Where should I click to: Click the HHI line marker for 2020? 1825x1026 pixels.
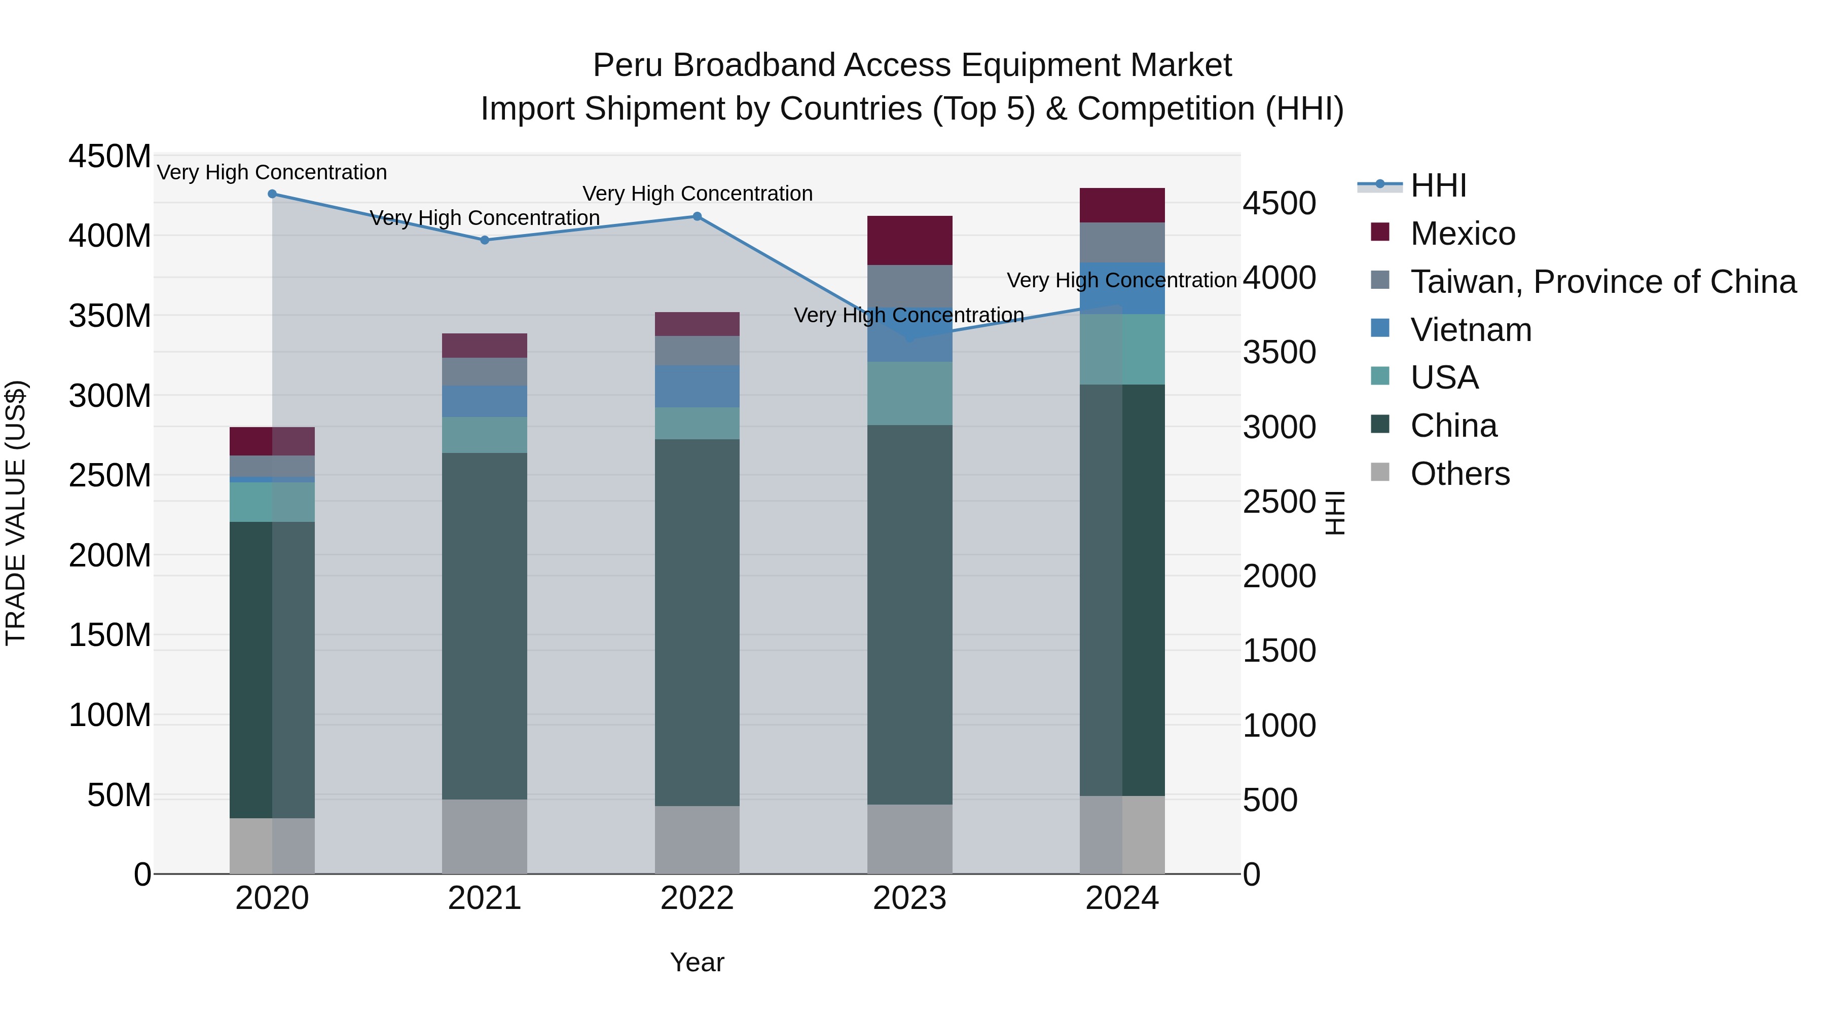272,194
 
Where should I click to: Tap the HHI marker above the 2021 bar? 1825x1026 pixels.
485,240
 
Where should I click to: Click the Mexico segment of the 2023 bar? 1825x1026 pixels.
909,241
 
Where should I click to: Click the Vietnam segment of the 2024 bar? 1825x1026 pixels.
1122,288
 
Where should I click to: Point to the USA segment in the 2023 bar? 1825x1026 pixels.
909,394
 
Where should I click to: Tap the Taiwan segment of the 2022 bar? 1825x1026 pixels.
697,351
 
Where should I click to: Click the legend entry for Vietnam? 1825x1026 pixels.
1471,330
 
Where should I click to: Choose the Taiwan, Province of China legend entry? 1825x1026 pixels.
1602,282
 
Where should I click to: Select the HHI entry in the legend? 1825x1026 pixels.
1438,185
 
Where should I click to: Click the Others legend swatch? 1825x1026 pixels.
1380,472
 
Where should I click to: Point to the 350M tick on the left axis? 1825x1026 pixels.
110,316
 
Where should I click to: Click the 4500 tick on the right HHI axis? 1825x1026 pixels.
1280,203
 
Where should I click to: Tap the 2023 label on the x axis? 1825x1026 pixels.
909,898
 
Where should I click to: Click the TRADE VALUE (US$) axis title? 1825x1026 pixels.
16,513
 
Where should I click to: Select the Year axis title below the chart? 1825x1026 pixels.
697,962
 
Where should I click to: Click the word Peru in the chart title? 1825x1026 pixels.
627,65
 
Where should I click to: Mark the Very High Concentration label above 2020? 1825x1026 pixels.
272,172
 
